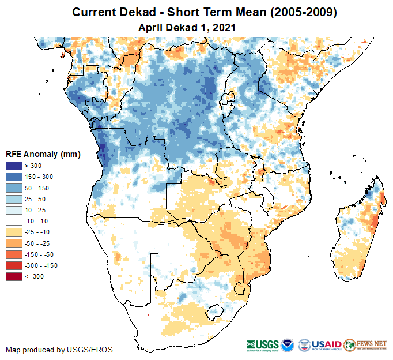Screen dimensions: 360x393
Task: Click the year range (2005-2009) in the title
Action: point(297,12)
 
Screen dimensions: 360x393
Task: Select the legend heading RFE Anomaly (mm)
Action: point(43,154)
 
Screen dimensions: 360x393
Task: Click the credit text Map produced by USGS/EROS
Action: point(59,350)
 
